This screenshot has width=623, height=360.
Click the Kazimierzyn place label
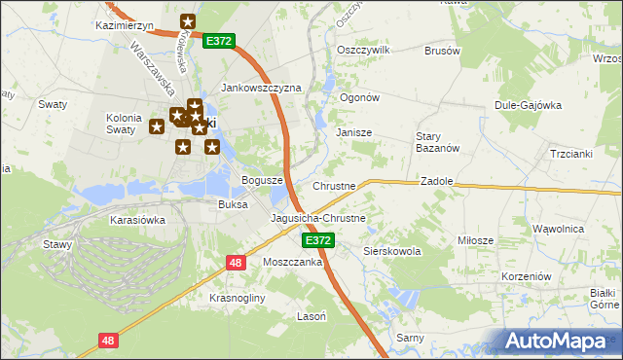pos(126,25)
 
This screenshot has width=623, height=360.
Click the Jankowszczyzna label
pos(262,88)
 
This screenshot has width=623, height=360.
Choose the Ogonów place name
pos(358,98)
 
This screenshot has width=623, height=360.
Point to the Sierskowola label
pos(391,251)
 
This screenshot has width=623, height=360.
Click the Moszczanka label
pos(292,263)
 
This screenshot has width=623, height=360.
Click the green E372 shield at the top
pos(218,42)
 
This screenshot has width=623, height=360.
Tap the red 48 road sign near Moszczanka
pos(237,263)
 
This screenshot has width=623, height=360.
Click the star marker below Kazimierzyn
pos(188,21)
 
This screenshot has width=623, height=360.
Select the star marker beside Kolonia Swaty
pos(156,126)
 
